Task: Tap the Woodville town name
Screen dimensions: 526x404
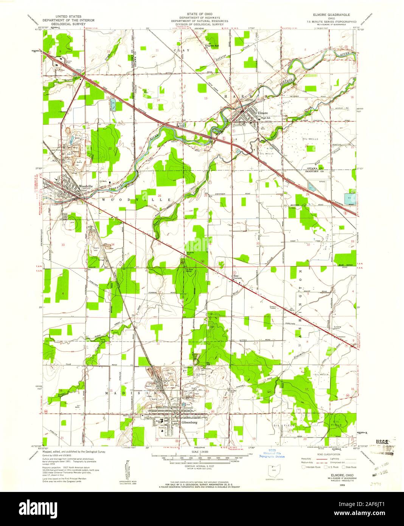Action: tap(86, 186)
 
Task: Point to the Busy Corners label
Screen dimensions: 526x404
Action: tap(237, 277)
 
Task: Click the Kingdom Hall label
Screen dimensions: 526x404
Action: tap(212, 46)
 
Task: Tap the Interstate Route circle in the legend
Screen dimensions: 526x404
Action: tap(303, 467)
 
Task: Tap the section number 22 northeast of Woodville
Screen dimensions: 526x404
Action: tap(110, 148)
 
